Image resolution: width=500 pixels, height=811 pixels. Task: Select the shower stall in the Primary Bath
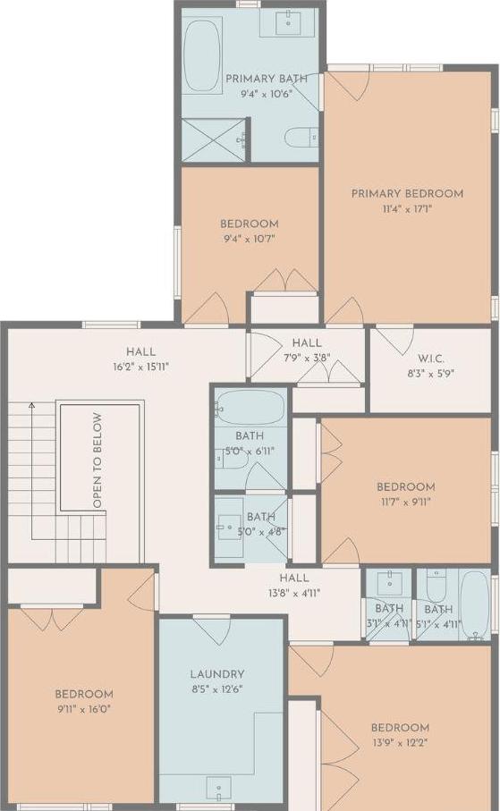coord(213,140)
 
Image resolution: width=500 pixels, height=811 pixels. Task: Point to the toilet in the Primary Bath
coord(299,137)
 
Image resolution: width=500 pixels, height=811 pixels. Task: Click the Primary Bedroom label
coord(407,193)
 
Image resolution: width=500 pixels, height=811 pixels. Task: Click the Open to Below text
coord(97,460)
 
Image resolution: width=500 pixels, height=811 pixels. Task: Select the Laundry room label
coord(216,674)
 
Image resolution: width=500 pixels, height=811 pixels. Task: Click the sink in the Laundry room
coord(219,788)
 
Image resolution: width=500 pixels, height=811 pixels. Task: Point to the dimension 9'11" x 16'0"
coord(84,711)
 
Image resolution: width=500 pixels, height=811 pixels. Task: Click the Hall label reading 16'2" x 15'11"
coord(140,367)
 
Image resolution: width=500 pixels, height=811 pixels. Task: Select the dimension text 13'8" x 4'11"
coord(293,592)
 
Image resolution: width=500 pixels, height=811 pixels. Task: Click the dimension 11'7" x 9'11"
coord(405,502)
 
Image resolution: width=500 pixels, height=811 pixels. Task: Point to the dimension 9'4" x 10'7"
coord(250,241)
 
